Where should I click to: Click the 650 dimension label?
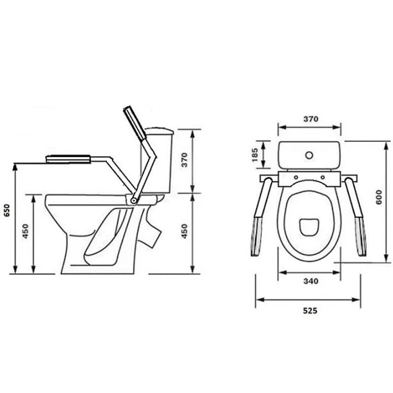pos(7,211)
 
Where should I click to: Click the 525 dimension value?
pos(310,310)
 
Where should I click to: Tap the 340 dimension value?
pos(311,281)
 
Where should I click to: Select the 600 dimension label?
pos(379,197)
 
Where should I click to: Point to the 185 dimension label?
pos(254,155)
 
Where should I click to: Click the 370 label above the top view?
pos(311,118)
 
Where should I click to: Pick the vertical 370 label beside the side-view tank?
pos(185,160)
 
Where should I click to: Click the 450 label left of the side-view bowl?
pos(26,231)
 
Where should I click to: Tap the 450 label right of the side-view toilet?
pos(185,231)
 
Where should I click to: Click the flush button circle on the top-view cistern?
pos(309,155)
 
